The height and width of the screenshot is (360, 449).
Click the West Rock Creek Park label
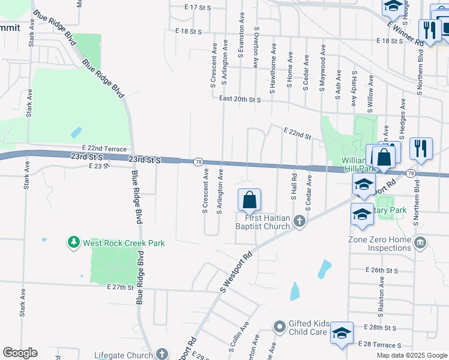(124, 243)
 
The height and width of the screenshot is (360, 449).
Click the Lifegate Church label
(123, 355)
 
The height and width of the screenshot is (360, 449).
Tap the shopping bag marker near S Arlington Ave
(249, 199)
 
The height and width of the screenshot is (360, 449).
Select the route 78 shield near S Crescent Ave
(197, 162)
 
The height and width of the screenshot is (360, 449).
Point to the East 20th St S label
(240, 100)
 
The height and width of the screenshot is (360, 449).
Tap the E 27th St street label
(119, 287)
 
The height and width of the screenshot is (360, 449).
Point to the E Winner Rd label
(405, 32)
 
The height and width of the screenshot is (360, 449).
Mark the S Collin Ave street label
(238, 339)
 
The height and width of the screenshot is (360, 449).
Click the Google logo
(20, 353)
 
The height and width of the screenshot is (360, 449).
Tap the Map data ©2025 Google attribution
(412, 355)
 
